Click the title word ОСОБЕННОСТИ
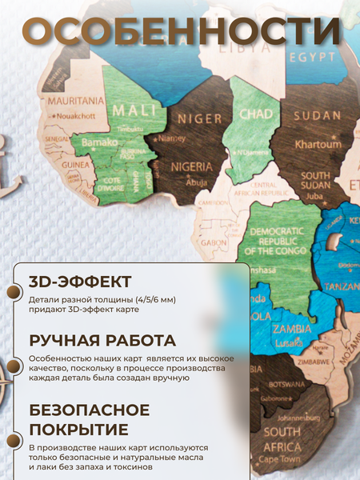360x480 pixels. coord(180,31)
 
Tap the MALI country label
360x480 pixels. coord(128,110)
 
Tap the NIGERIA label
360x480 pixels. coord(191,169)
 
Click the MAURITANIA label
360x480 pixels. coord(76,101)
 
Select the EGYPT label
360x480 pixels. coord(312,58)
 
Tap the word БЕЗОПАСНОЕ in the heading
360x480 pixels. coord(89,410)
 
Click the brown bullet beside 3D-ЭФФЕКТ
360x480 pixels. coord(13,292)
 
